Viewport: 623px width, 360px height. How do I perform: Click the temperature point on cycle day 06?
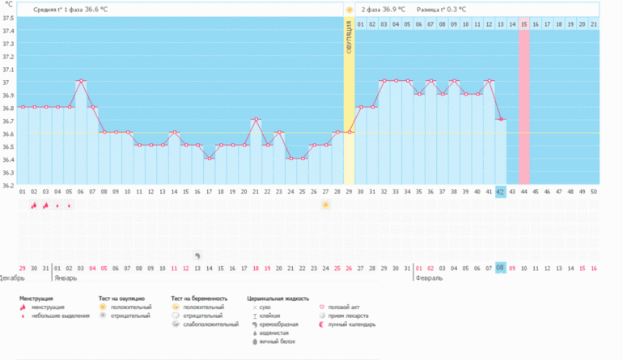pyautogui.click(x=81, y=82)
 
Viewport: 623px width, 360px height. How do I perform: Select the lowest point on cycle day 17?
pyautogui.click(x=209, y=159)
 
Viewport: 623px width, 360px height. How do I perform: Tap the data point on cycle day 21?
pyautogui.click(x=256, y=120)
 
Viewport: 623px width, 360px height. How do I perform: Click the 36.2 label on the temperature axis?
pyautogui.click(x=9, y=184)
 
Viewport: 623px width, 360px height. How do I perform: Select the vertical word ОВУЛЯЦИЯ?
pyautogui.click(x=350, y=37)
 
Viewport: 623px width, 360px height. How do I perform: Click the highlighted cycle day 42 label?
pyautogui.click(x=501, y=192)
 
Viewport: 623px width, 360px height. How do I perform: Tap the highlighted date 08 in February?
pyautogui.click(x=501, y=268)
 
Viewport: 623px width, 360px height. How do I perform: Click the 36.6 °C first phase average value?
pyautogui.click(x=100, y=10)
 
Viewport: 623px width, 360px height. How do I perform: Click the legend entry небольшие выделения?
pyautogui.click(x=61, y=316)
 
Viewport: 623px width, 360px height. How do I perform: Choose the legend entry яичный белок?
pyautogui.click(x=278, y=341)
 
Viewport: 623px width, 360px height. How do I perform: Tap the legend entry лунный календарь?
pyautogui.click(x=346, y=324)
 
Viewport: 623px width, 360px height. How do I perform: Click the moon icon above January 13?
pyautogui.click(x=197, y=255)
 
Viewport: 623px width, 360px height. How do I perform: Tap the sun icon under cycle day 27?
pyautogui.click(x=325, y=205)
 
